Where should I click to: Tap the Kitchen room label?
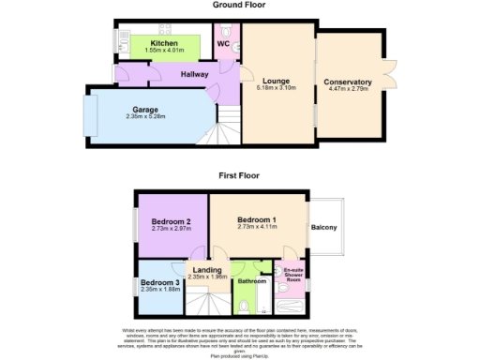[164, 43]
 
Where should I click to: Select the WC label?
[224, 43]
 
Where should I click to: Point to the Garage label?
[145, 110]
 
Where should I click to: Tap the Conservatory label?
[348, 82]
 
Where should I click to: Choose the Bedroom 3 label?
[160, 282]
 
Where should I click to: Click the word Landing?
[207, 270]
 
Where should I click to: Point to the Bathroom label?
[251, 280]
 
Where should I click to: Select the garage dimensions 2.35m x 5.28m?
[145, 117]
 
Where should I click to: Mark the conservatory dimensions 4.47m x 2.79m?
[348, 89]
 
